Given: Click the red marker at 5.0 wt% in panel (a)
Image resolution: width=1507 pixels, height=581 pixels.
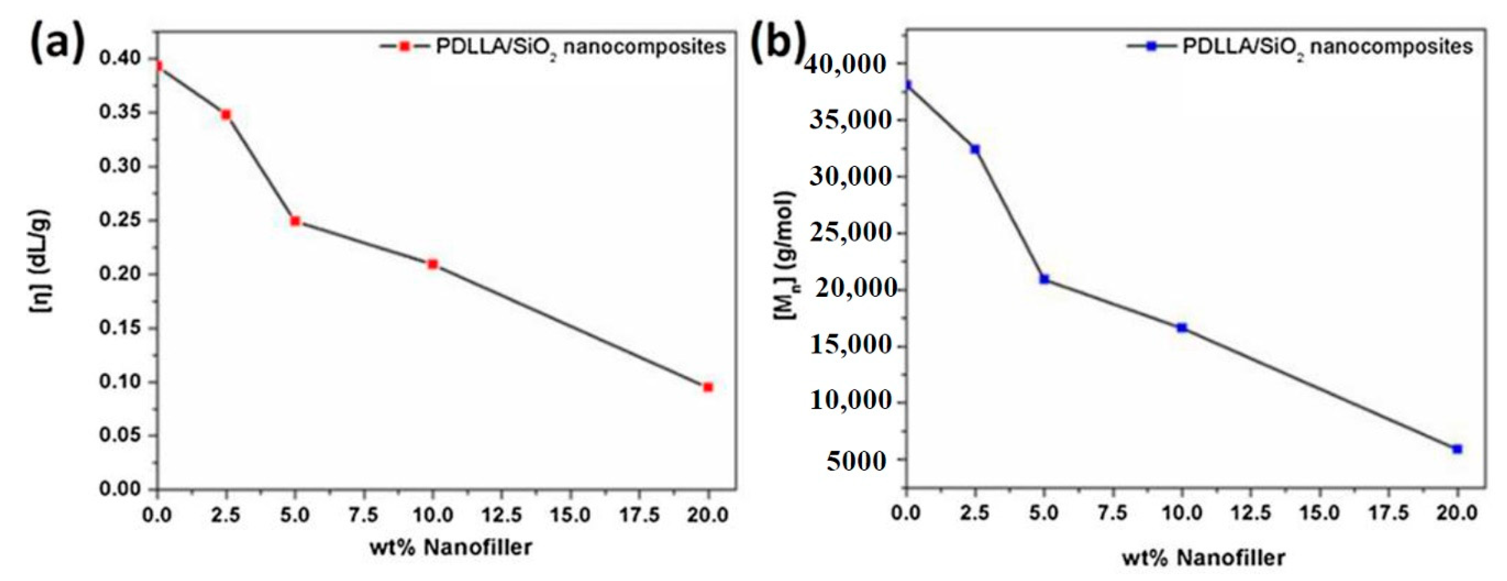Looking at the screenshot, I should (x=295, y=221).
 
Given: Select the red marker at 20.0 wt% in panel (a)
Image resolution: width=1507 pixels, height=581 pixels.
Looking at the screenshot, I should (x=708, y=387).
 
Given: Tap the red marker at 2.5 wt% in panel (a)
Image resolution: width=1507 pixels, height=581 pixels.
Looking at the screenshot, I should (x=226, y=115).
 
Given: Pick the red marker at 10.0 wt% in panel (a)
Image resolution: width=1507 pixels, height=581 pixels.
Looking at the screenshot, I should (x=433, y=264).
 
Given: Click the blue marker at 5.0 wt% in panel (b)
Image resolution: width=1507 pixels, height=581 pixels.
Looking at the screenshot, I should (x=1044, y=279).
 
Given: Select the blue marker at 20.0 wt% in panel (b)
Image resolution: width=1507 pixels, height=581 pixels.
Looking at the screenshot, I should (x=1457, y=449).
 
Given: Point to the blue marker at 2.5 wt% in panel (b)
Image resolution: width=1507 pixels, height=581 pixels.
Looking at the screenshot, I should (x=975, y=150).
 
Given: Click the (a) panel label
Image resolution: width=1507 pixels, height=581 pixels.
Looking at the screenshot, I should (x=57, y=42).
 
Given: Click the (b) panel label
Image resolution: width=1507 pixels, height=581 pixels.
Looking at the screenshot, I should (x=778, y=42).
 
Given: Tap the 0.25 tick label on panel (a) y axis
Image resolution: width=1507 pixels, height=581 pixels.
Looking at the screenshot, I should (x=120, y=221).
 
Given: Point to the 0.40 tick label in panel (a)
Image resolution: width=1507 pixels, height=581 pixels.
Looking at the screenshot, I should (x=120, y=59).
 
